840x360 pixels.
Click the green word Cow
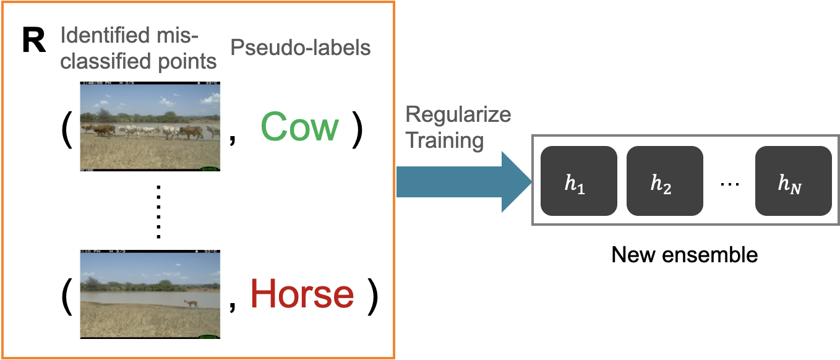299,127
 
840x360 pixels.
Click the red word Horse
302,294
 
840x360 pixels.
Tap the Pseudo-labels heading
301,47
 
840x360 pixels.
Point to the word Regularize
458,114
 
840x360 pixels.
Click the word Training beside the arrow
444,140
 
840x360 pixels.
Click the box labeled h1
578,181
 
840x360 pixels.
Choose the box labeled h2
664,181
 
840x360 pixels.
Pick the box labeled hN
793,181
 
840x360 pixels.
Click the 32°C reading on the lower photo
211,251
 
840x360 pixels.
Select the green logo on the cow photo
210,168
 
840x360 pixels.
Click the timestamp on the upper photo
95,83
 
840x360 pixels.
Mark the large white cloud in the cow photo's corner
209,97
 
